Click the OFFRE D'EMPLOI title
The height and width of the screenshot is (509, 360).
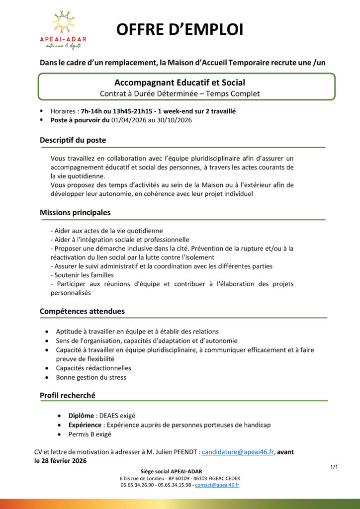click(180, 30)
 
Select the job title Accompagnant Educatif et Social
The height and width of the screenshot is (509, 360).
click(180, 83)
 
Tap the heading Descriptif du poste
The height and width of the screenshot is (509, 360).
click(73, 140)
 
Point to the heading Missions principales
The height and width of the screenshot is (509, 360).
click(75, 212)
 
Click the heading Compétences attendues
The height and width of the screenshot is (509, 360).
click(82, 311)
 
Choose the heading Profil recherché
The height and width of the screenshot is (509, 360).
click(68, 395)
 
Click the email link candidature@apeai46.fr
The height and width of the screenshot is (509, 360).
click(238, 452)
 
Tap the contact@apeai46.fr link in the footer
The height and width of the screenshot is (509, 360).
click(217, 485)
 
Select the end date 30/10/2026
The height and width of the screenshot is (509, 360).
click(175, 120)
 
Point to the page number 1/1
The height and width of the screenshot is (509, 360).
click(334, 467)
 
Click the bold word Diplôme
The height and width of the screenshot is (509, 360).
click(82, 416)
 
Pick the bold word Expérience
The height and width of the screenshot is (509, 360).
click(86, 425)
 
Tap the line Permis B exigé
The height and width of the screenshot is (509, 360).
click(90, 434)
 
